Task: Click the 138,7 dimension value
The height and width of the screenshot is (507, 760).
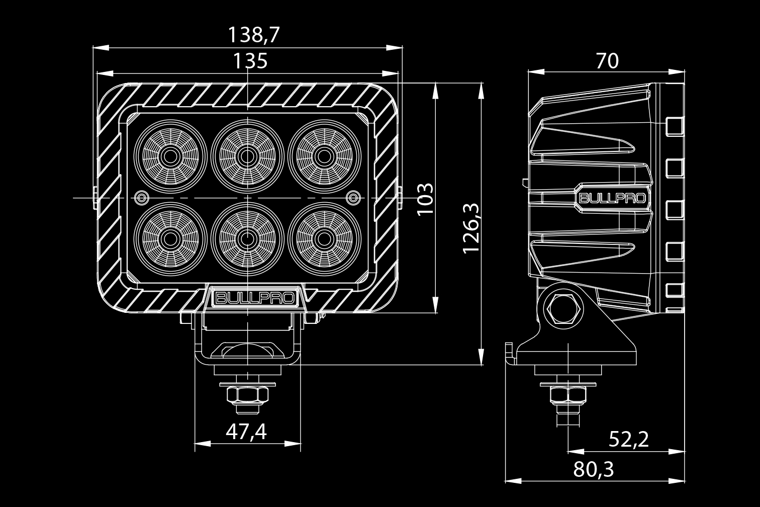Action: click(x=253, y=35)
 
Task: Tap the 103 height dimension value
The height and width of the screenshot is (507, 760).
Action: click(x=425, y=199)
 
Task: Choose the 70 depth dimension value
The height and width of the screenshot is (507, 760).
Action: click(x=607, y=61)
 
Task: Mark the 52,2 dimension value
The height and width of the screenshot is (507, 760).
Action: click(x=628, y=440)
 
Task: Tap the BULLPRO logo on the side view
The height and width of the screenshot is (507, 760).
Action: click(x=613, y=198)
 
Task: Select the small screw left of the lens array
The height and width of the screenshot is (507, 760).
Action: click(x=142, y=197)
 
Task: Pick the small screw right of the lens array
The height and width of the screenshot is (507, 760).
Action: click(x=354, y=197)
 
